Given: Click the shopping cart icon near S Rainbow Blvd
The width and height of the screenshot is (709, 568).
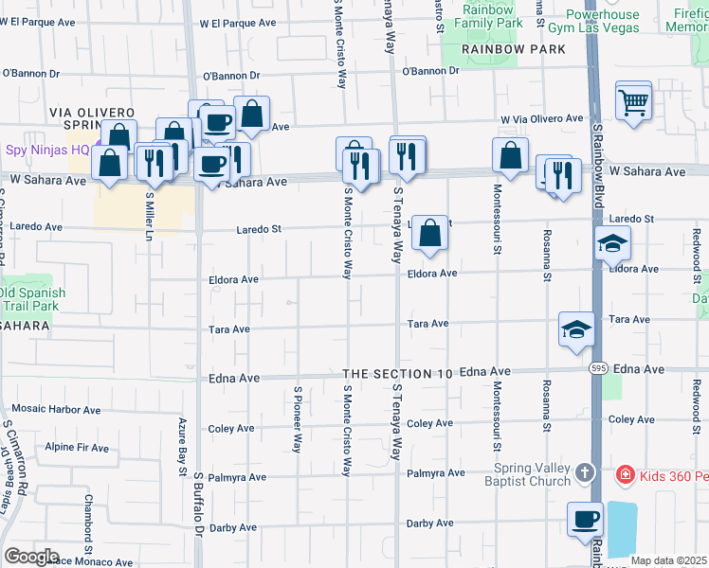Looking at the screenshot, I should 633,99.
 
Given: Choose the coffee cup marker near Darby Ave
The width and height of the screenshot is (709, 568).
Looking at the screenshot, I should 585,520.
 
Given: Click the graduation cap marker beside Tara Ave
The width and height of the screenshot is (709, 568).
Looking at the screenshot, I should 576,330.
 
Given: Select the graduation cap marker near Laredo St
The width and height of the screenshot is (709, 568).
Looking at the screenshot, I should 612,244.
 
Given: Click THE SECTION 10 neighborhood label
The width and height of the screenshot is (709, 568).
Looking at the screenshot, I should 398,375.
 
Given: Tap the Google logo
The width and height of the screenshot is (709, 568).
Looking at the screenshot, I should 31,556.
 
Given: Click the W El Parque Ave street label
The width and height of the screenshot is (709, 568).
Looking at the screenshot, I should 237,22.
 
